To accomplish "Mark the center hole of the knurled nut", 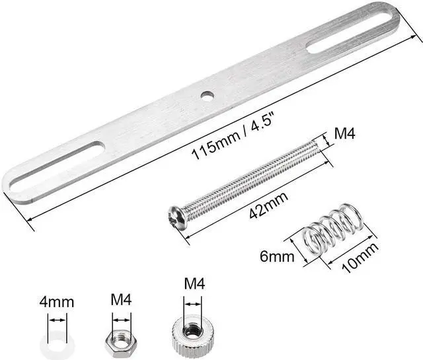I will pos(190,328).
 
